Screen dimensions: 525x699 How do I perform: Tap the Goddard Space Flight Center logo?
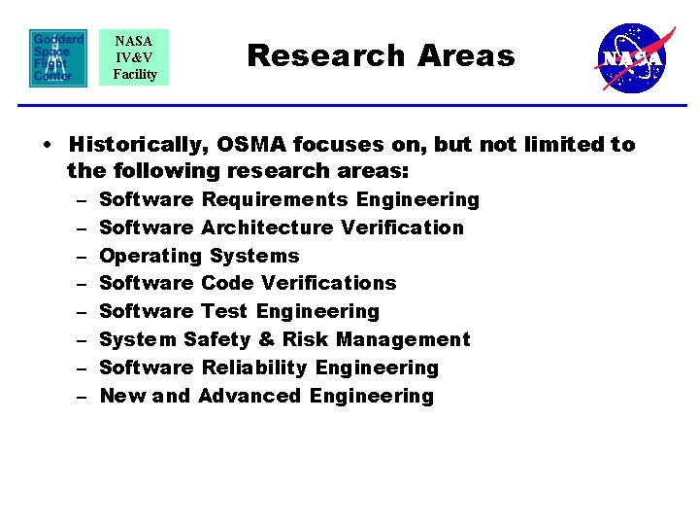coord(57,57)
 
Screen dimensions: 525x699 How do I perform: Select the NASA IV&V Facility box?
coord(134,57)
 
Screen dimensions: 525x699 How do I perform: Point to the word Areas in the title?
coord(466,55)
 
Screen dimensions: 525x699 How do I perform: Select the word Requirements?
coord(275,199)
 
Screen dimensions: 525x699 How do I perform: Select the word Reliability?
coord(254,367)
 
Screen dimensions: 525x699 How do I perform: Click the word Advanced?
coord(250,396)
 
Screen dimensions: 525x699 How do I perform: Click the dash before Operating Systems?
coord(79,256)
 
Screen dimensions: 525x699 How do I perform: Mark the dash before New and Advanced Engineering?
coord(79,396)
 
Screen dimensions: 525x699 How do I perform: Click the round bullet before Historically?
coord(47,146)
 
